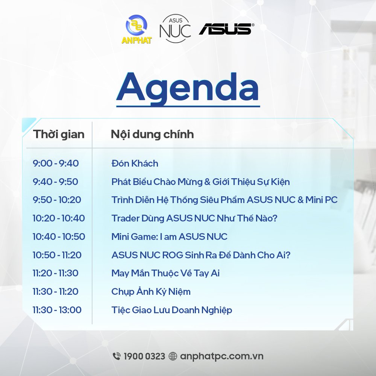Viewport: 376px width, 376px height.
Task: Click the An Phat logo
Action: click(x=136, y=29)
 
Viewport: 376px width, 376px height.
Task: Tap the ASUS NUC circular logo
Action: click(x=175, y=29)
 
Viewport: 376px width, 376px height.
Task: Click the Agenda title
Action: click(x=188, y=88)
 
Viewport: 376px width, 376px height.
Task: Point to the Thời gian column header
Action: click(x=59, y=134)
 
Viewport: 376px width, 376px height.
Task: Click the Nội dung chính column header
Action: click(x=152, y=134)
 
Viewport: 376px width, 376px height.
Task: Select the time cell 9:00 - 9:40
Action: click(x=56, y=163)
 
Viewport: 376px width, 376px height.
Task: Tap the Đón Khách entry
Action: click(x=135, y=163)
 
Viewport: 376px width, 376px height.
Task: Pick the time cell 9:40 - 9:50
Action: click(x=55, y=182)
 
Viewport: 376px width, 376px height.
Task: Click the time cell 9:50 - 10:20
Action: click(x=57, y=200)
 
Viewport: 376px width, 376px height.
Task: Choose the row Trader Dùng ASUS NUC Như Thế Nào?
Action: click(x=194, y=218)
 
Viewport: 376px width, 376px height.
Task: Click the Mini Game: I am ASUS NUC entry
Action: click(x=169, y=237)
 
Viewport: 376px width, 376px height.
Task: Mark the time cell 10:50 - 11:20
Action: click(x=57, y=255)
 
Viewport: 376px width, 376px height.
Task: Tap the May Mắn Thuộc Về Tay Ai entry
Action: click(x=165, y=273)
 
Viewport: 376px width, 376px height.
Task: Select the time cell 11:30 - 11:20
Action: click(x=56, y=292)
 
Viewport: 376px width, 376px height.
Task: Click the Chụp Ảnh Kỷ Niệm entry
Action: click(x=151, y=292)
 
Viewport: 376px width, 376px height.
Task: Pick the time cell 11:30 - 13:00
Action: click(x=57, y=310)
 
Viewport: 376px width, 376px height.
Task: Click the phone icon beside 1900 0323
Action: click(x=117, y=356)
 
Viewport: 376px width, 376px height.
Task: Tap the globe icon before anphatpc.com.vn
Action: click(x=173, y=356)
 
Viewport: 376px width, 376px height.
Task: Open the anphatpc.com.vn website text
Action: click(x=221, y=356)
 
